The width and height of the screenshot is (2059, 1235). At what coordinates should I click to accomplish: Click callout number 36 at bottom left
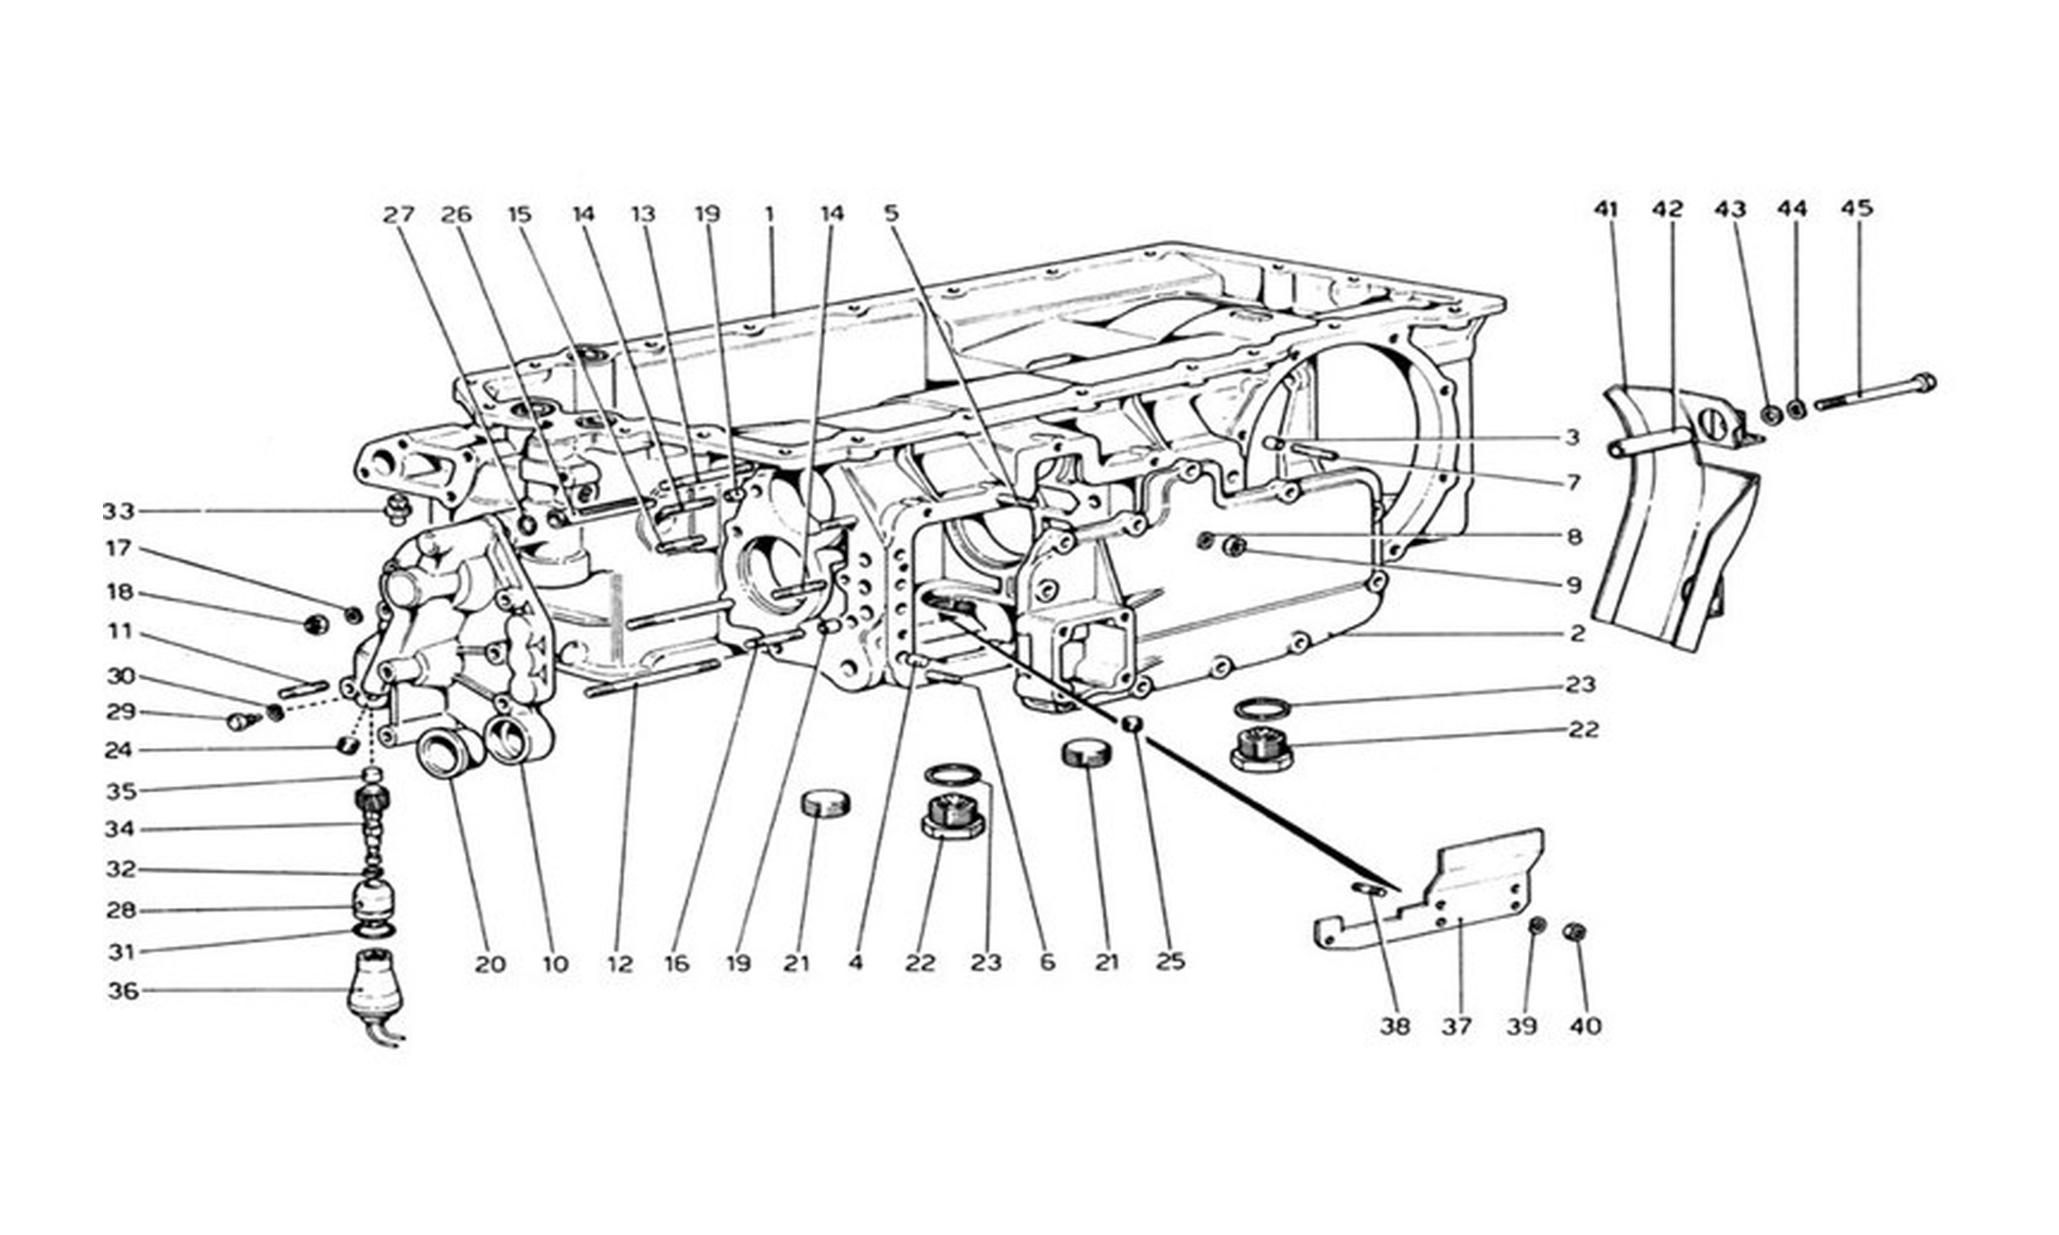123,991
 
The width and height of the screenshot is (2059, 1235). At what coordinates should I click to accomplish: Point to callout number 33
118,511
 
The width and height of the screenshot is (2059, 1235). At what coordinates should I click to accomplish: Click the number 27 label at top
398,215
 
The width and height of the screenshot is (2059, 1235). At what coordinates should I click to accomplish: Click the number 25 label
1170,962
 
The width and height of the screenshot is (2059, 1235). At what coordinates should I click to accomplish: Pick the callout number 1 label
770,215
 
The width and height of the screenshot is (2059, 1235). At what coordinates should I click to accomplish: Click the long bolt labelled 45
1874,394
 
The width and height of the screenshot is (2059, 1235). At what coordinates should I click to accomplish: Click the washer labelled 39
1538,925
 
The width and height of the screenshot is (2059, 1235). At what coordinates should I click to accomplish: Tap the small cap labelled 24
348,743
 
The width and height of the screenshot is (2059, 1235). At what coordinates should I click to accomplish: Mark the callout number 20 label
490,964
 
